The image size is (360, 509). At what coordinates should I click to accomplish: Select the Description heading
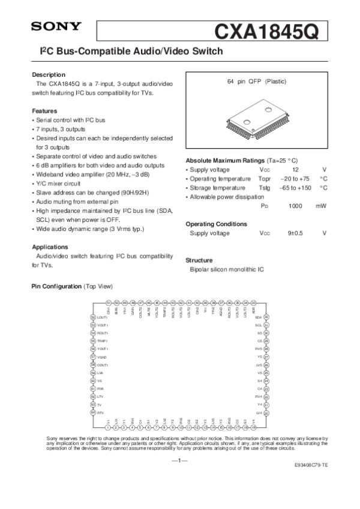pyautogui.click(x=48, y=74)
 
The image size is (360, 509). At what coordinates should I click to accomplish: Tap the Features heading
pyautogui.click(x=44, y=111)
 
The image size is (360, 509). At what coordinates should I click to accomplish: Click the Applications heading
pyautogui.click(x=50, y=247)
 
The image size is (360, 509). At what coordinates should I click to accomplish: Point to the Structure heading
pyautogui.click(x=199, y=260)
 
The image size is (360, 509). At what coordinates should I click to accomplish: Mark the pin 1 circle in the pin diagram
pyautogui.click(x=108, y=427)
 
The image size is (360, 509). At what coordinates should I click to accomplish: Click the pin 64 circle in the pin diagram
pyautogui.click(x=92, y=412)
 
